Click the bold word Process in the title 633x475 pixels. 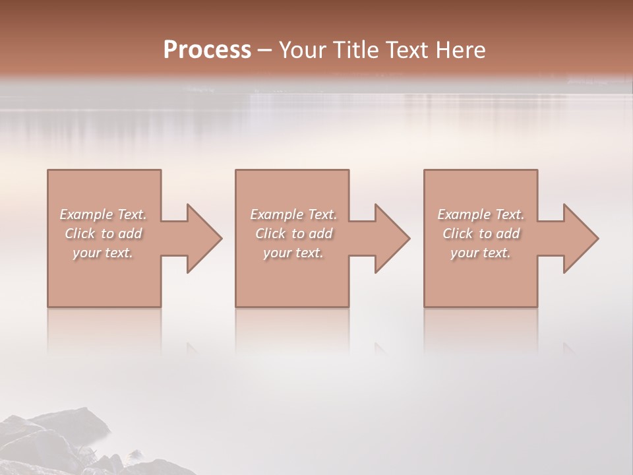[207, 50]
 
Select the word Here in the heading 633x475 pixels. [461, 50]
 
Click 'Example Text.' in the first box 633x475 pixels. [103, 214]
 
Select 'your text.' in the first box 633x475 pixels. [103, 253]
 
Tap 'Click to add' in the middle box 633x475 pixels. [293, 234]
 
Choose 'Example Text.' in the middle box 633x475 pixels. [293, 214]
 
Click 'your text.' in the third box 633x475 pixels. [481, 253]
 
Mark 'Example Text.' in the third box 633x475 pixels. [481, 214]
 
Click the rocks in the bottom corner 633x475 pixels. [59, 442]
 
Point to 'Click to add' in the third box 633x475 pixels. [481, 234]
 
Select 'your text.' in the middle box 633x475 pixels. [293, 253]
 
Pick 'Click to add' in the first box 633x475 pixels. [103, 234]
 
